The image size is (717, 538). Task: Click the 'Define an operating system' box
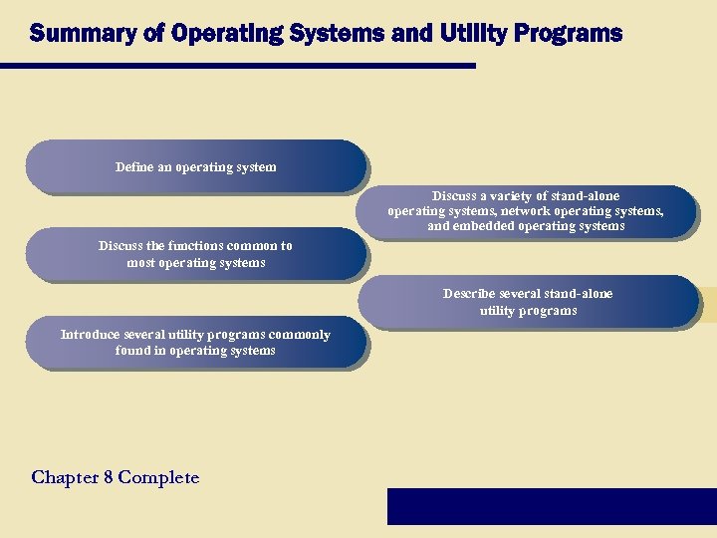tap(195, 166)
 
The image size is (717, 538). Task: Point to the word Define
tap(134, 166)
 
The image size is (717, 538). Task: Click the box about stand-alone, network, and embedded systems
tap(526, 211)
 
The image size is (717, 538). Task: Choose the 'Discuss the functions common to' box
tap(195, 254)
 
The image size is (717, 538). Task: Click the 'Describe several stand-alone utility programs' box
tap(528, 302)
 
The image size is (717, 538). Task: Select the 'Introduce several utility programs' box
tap(195, 343)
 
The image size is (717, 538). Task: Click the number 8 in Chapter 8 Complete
tap(107, 477)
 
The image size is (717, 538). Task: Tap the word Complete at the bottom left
tap(158, 478)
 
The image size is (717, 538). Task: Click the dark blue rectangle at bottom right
tap(551, 505)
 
